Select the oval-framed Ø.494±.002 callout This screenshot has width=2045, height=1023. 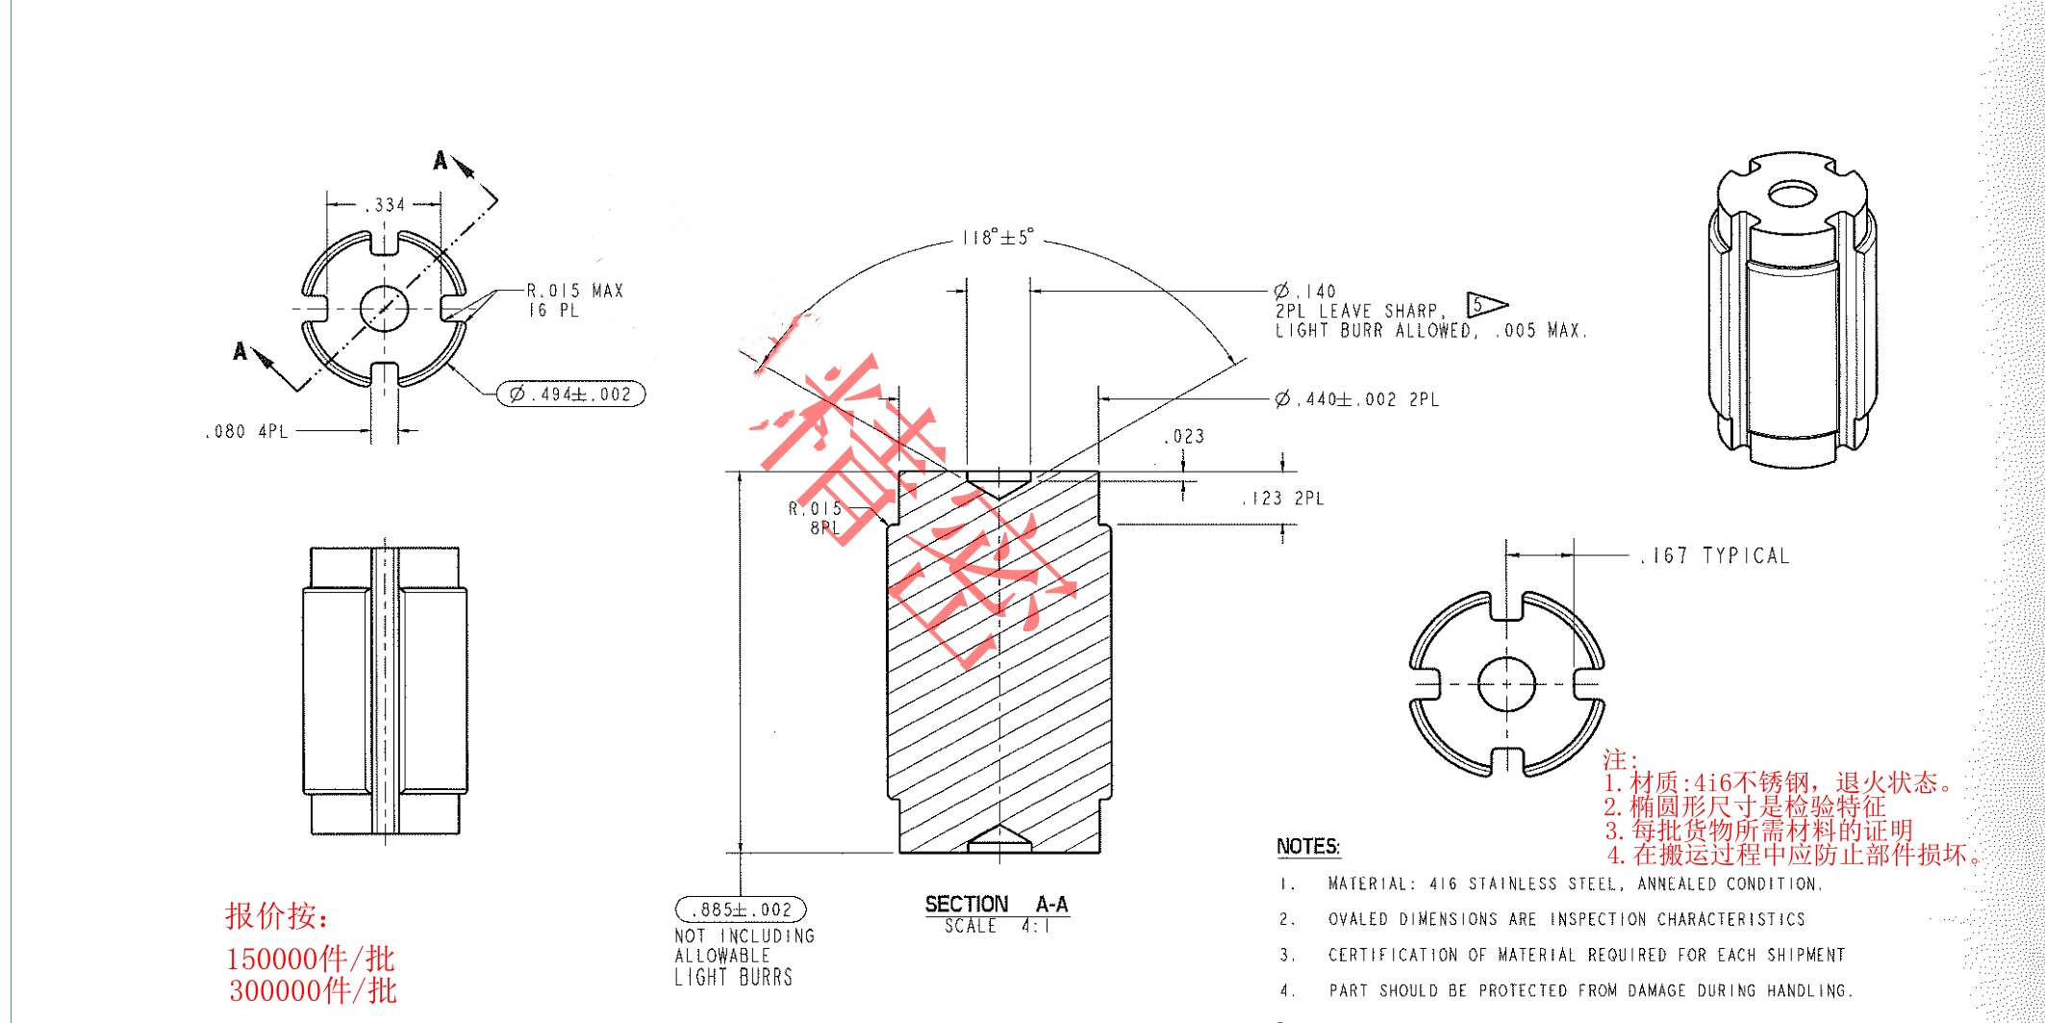(x=570, y=394)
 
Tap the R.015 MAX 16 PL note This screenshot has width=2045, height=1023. (x=574, y=300)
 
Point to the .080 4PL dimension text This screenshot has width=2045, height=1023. (x=247, y=431)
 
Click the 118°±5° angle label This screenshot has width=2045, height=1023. (x=997, y=237)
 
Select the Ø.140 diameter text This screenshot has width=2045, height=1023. (x=1305, y=291)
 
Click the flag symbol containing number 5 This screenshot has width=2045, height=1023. (x=1482, y=306)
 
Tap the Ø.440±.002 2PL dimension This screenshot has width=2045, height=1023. (x=1356, y=398)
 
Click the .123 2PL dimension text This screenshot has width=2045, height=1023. (x=1283, y=499)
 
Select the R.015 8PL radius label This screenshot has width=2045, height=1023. (x=817, y=518)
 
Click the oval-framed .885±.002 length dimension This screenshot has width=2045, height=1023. (x=741, y=909)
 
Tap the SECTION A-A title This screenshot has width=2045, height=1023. (x=997, y=904)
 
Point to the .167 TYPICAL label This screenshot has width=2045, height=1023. (x=1715, y=555)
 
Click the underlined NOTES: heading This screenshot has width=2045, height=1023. (x=1307, y=846)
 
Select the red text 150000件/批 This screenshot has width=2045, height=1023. (x=310, y=959)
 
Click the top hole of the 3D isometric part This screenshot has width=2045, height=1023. (x=1791, y=195)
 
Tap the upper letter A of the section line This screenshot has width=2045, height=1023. (x=441, y=161)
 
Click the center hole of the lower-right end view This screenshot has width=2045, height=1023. (x=1505, y=683)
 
